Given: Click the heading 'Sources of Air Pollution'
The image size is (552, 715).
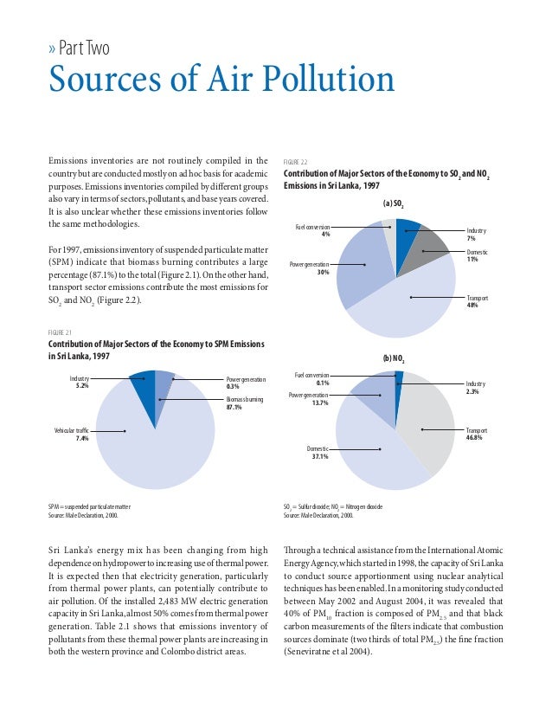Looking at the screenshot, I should coord(221,81).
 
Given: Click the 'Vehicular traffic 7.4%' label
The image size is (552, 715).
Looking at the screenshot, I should coord(72,435).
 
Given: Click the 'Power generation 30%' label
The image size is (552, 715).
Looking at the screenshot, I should coord(311,267).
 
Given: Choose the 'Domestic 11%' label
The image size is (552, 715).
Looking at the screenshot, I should coord(478,254).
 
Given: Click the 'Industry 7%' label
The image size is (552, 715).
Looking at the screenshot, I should coord(476,235).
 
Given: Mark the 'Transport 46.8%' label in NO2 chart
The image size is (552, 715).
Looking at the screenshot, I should coord(477,434).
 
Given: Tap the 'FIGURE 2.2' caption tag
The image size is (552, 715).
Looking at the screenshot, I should coord(296,161).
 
